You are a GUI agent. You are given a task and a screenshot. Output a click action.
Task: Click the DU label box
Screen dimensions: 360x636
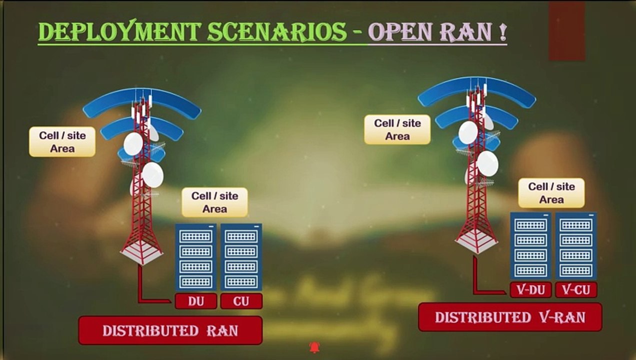(x=196, y=301)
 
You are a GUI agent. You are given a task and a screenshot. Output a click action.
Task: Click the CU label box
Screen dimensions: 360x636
(x=241, y=301)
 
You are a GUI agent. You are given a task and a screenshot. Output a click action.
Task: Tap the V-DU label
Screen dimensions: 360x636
(x=530, y=290)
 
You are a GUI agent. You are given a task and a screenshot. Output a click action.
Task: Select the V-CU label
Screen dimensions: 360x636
(x=576, y=290)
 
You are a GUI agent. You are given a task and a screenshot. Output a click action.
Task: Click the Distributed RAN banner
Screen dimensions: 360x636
(x=170, y=330)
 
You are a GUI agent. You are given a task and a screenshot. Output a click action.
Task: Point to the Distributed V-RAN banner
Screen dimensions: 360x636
(x=509, y=317)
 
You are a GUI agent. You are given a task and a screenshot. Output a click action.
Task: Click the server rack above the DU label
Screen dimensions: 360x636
(x=195, y=257)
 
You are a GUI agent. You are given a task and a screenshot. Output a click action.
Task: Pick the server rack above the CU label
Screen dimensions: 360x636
(x=241, y=257)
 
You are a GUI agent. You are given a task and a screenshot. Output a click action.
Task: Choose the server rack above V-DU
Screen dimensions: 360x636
(x=530, y=245)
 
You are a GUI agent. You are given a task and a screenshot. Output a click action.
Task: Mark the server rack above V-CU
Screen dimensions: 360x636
(x=576, y=245)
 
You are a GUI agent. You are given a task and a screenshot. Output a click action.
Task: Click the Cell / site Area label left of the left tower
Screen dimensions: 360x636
(x=62, y=142)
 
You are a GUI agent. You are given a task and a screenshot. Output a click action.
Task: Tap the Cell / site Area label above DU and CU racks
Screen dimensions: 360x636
(x=214, y=202)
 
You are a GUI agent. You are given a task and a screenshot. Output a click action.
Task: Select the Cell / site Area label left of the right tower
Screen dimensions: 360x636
(x=397, y=129)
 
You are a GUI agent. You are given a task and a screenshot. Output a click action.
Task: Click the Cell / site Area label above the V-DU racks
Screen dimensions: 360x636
(x=551, y=193)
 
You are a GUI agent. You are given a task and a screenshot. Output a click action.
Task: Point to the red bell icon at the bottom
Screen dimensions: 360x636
(x=314, y=347)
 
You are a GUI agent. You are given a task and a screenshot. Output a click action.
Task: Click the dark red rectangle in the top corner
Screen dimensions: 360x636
(x=566, y=31)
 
